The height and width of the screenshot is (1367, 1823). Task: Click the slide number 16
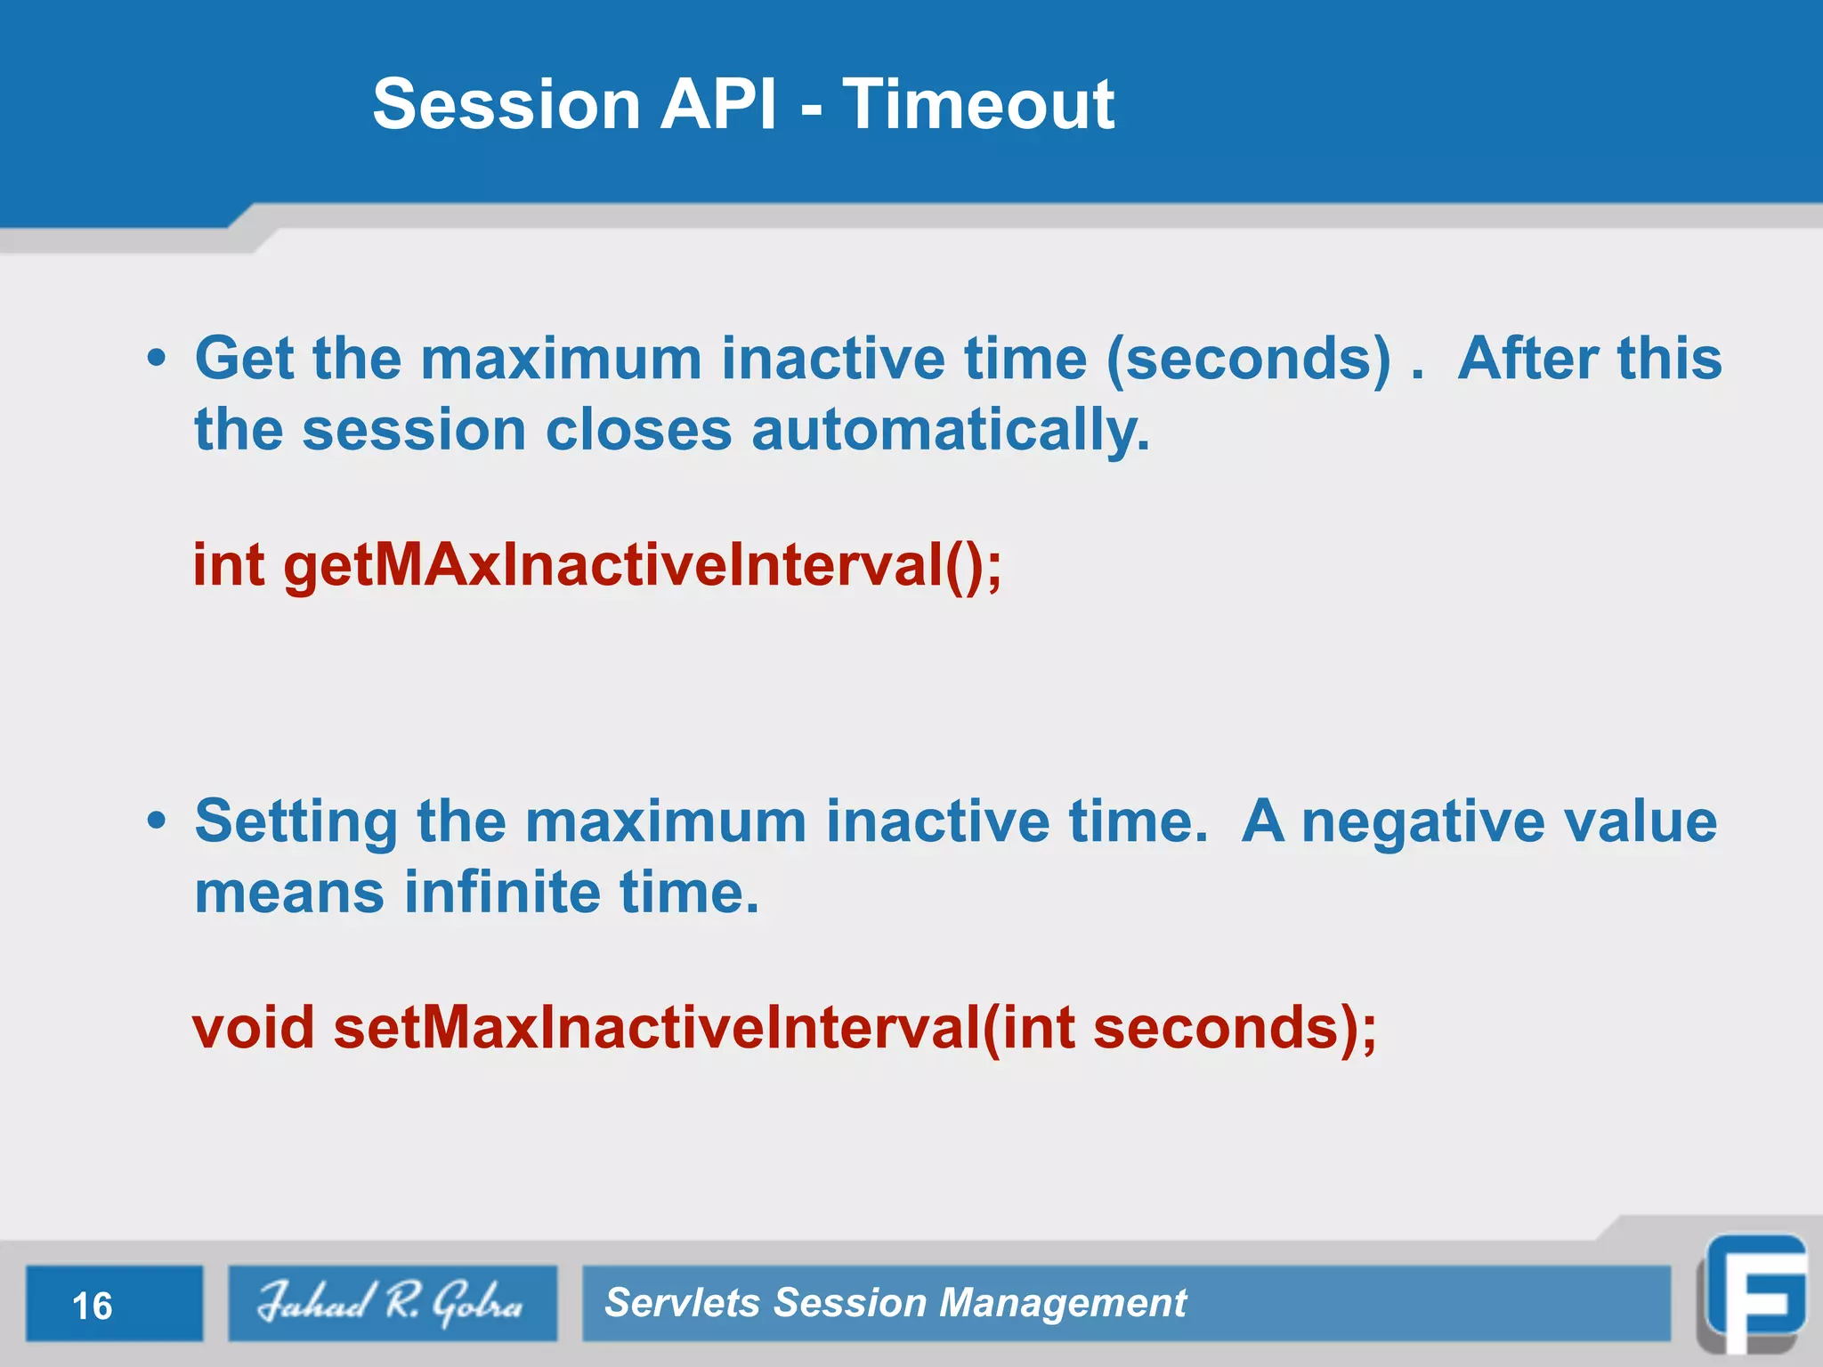pyautogui.click(x=93, y=1306)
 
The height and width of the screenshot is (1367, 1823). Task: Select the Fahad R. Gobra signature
pyautogui.click(x=392, y=1303)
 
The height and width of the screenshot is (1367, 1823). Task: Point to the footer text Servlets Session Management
pyautogui.click(x=895, y=1303)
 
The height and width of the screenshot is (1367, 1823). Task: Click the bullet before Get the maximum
pyautogui.click(x=157, y=359)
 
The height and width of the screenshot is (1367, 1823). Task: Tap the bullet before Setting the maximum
pyautogui.click(x=157, y=821)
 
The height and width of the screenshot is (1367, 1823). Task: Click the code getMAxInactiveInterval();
pyautogui.click(x=641, y=565)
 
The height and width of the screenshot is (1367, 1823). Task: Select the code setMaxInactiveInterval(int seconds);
pyautogui.click(x=855, y=1028)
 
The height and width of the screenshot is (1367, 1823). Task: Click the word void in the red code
pyautogui.click(x=254, y=1028)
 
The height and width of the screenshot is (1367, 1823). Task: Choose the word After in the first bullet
pyautogui.click(x=1527, y=359)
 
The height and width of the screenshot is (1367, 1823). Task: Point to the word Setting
pyautogui.click(x=296, y=822)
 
